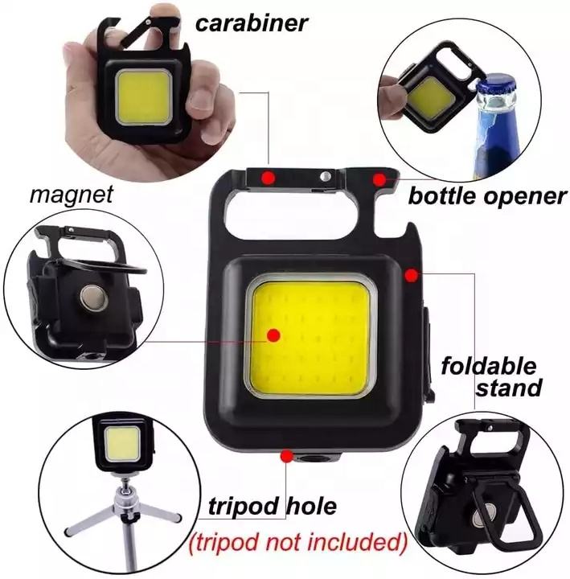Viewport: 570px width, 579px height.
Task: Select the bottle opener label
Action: [487, 196]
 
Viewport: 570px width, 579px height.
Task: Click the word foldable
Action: [489, 368]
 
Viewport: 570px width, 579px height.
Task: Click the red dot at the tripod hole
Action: [285, 457]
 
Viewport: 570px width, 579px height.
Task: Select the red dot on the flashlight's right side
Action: [411, 276]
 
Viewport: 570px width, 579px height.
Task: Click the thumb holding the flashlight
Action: [171, 18]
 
